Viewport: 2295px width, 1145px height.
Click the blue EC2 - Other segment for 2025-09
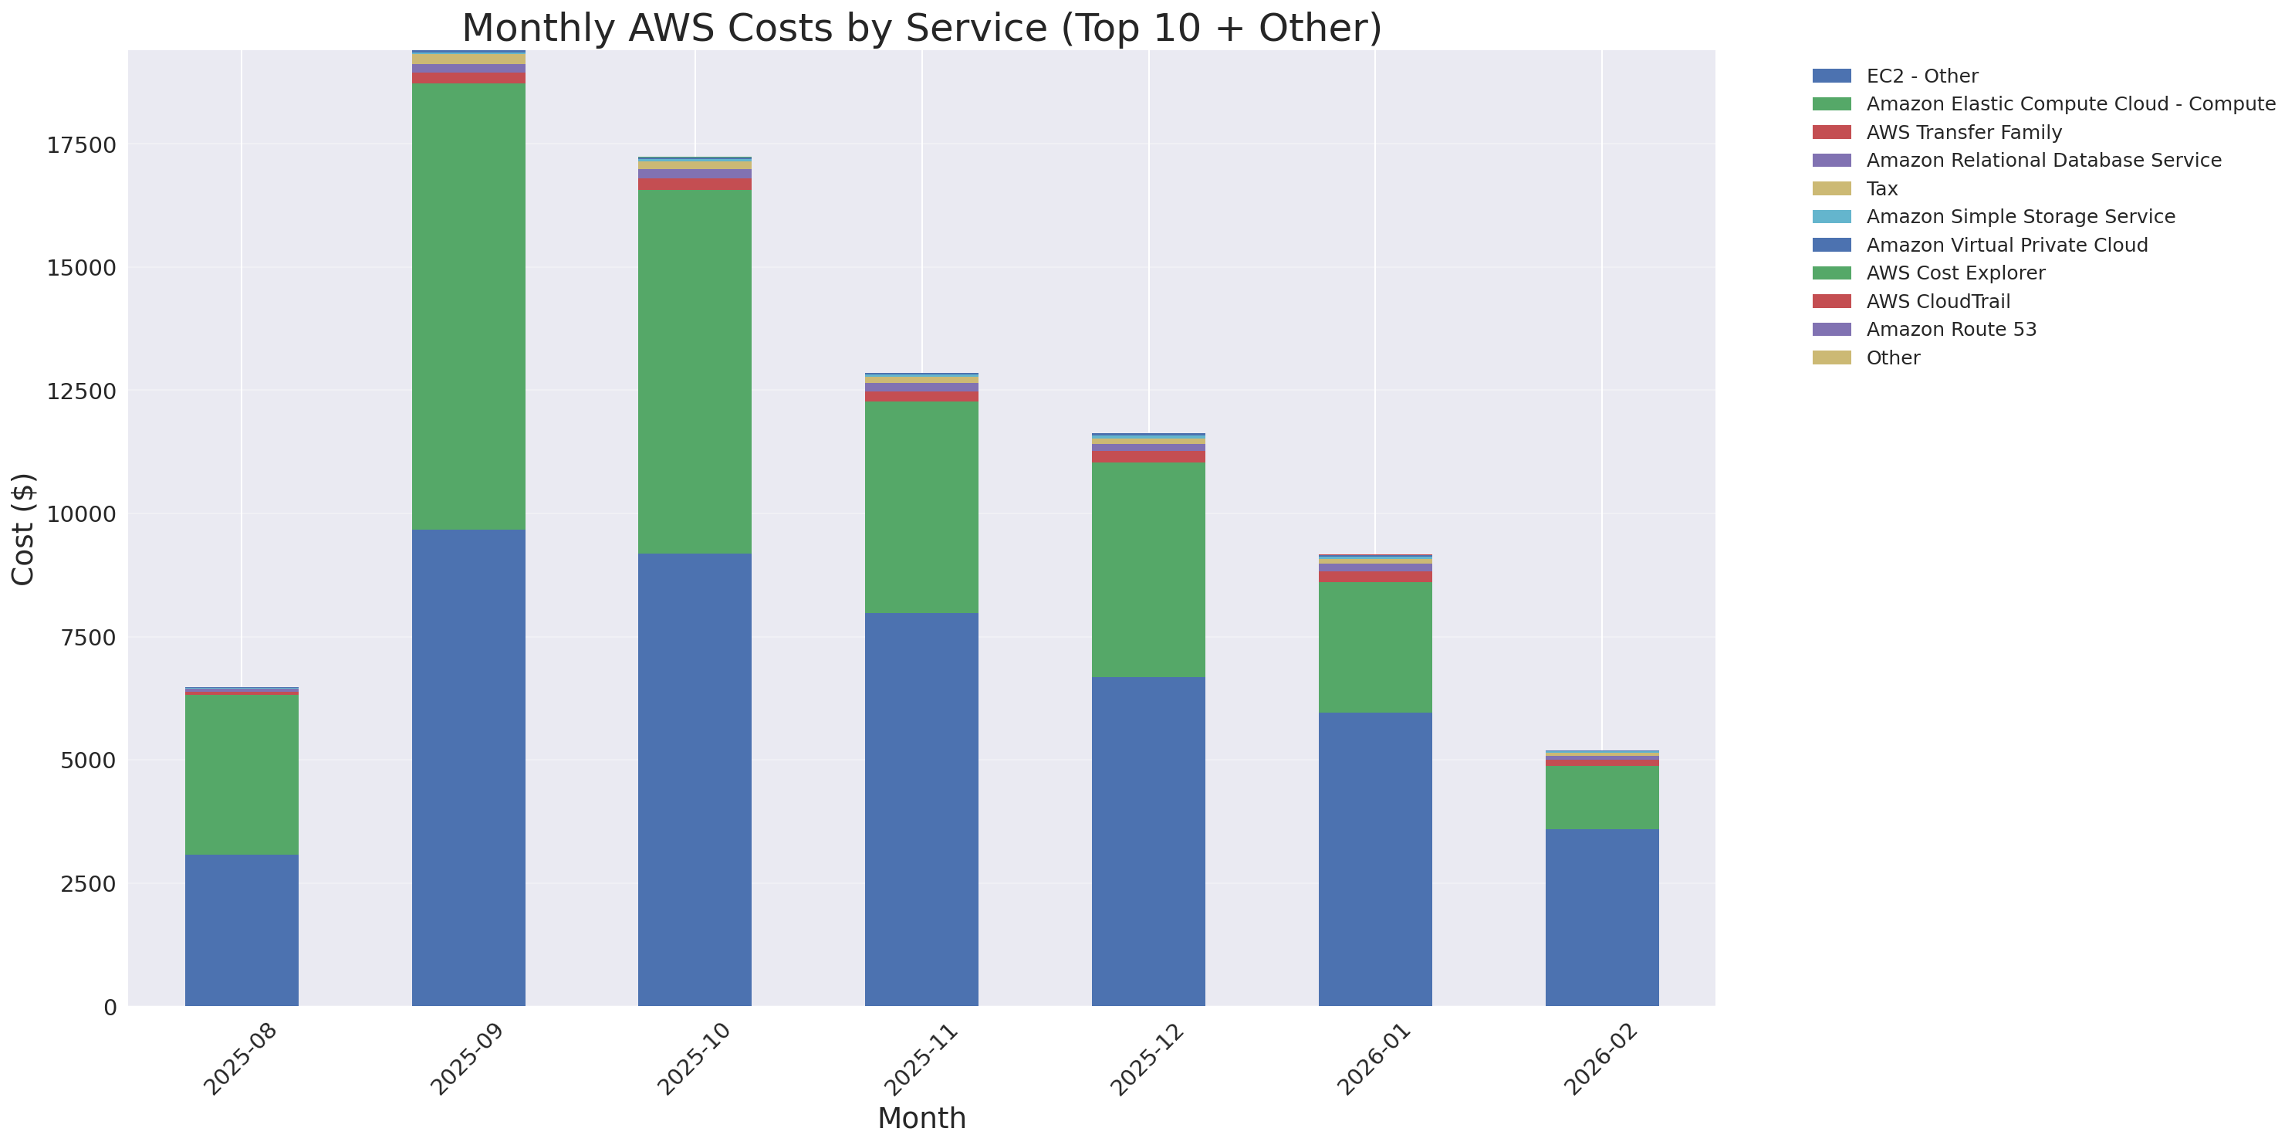click(468, 767)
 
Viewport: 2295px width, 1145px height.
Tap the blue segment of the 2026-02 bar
click(1601, 917)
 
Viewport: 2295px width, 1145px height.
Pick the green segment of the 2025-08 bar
click(242, 774)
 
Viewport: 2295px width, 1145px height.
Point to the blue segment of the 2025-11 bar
click(921, 809)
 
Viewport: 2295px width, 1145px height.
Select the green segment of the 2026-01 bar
click(1374, 647)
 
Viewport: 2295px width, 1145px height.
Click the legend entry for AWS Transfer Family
click(1964, 133)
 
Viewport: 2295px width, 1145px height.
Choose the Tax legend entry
click(1881, 189)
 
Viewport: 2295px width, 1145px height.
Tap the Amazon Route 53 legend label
click(1951, 330)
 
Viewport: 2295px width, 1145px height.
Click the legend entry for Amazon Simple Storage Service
click(2020, 216)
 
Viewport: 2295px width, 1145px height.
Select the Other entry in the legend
click(1892, 358)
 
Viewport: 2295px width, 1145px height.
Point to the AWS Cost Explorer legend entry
click(1955, 273)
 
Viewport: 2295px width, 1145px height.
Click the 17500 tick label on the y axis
click(81, 145)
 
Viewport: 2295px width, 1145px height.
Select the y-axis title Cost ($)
click(23, 530)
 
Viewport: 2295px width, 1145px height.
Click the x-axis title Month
click(921, 1118)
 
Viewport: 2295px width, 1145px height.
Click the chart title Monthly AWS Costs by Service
click(921, 29)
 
